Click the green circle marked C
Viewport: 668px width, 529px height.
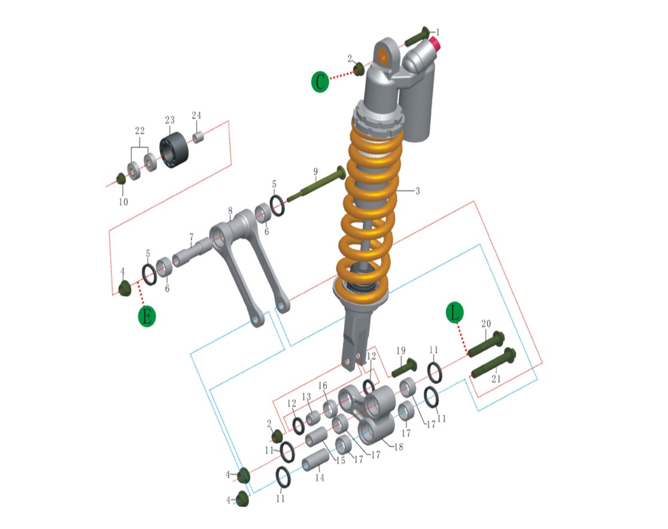pyautogui.click(x=320, y=81)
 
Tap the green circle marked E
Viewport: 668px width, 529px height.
pyautogui.click(x=147, y=316)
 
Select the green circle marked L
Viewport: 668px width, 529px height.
pyautogui.click(x=454, y=312)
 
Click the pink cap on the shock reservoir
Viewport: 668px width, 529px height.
pyautogui.click(x=435, y=43)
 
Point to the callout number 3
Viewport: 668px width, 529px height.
pyautogui.click(x=418, y=191)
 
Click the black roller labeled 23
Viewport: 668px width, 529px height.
pyautogui.click(x=174, y=150)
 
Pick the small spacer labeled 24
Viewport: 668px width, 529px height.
pyautogui.click(x=198, y=138)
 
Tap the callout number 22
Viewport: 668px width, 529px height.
pyautogui.click(x=139, y=131)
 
